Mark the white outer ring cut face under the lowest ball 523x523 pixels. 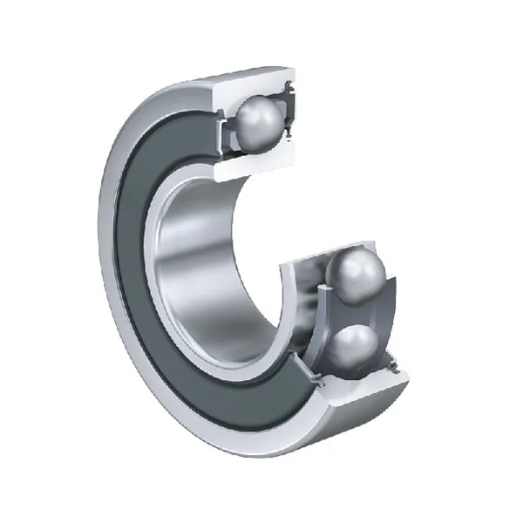(357, 390)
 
